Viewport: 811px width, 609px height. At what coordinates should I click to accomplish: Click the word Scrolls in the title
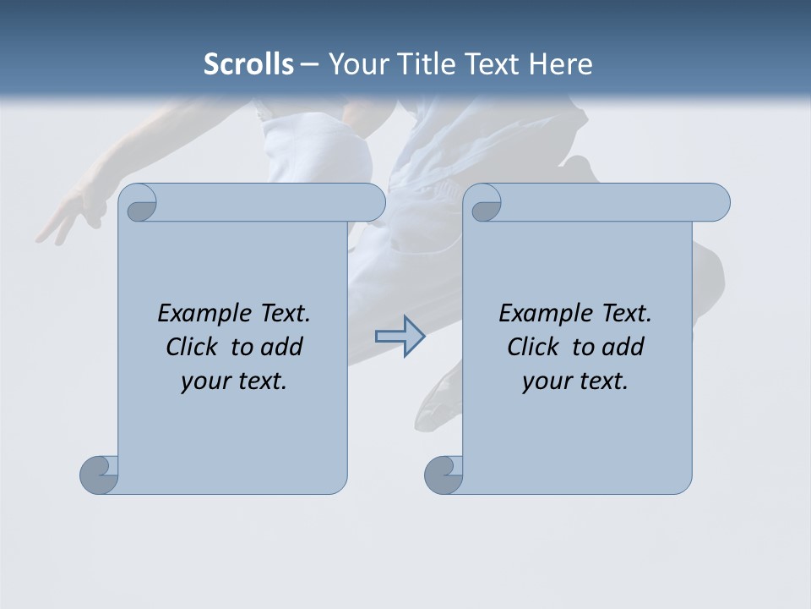(248, 63)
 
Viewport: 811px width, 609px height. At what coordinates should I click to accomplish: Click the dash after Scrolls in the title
(309, 64)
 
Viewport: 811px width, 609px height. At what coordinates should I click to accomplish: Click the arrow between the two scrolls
(400, 337)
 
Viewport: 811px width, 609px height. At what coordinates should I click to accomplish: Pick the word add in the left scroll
(281, 347)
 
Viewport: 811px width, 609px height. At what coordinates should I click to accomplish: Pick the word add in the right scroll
(623, 347)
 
